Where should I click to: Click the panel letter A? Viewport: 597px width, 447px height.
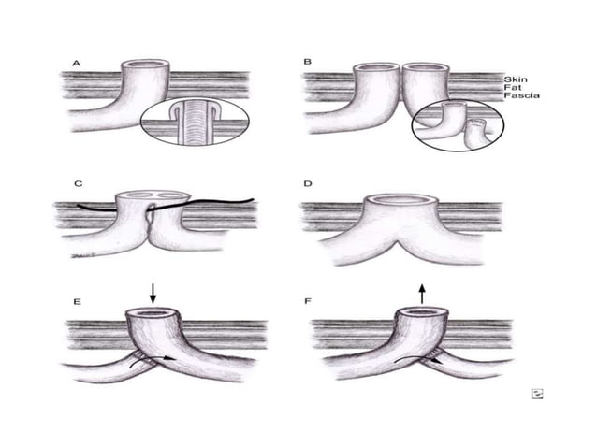click(x=77, y=64)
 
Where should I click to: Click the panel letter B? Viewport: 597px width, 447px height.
click(x=307, y=62)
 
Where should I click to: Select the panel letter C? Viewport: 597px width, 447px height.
click(x=78, y=183)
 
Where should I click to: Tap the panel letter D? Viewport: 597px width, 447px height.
click(x=308, y=183)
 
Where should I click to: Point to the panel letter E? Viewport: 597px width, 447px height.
click(x=77, y=302)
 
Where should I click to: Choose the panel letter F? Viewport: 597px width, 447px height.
click(x=308, y=301)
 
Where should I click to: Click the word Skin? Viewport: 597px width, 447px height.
click(x=516, y=79)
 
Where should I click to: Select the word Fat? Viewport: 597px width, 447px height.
click(x=512, y=88)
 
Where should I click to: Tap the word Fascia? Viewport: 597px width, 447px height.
click(x=521, y=95)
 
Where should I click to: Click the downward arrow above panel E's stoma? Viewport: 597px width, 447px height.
click(x=153, y=294)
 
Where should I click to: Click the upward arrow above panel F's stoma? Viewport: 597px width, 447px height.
click(x=422, y=294)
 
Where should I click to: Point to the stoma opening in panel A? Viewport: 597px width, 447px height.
click(x=145, y=65)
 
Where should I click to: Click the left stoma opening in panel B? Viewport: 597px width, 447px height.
click(x=376, y=67)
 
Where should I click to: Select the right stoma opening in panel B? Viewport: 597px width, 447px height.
click(x=426, y=67)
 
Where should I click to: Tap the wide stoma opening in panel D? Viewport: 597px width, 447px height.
click(x=400, y=198)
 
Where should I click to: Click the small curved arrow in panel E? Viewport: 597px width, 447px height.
click(x=153, y=361)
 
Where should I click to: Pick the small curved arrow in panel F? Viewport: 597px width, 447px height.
click(x=419, y=360)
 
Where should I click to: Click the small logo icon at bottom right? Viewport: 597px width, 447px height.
click(x=537, y=394)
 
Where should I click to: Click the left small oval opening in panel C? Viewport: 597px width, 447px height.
click(x=141, y=195)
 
